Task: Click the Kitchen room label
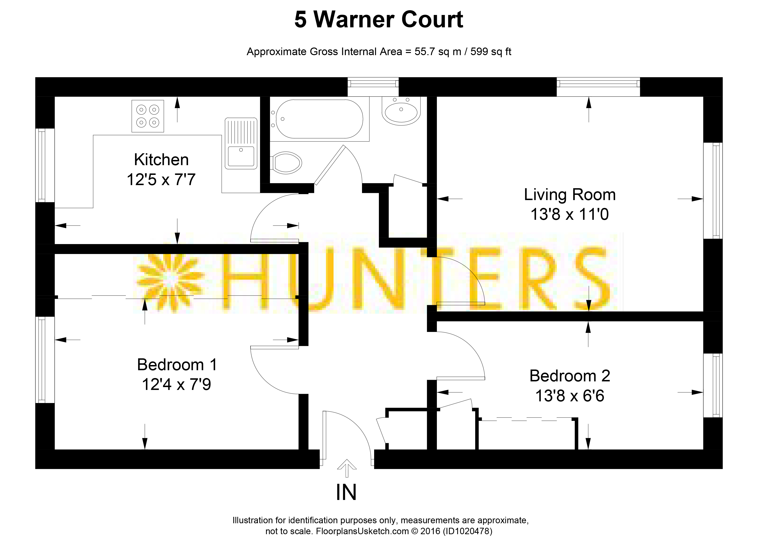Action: [161, 160]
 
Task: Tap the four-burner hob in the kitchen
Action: [148, 116]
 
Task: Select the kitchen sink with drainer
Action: [241, 143]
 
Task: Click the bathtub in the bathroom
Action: [319, 119]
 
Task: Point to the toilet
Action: [286, 163]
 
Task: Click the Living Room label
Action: [570, 194]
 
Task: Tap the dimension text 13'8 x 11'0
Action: [570, 214]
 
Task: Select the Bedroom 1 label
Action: [177, 365]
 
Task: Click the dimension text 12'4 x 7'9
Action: [176, 384]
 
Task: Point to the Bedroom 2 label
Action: [570, 376]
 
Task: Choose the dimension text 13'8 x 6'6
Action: [570, 396]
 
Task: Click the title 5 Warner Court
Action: [379, 19]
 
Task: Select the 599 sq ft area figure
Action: [491, 52]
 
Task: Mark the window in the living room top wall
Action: [598, 87]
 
